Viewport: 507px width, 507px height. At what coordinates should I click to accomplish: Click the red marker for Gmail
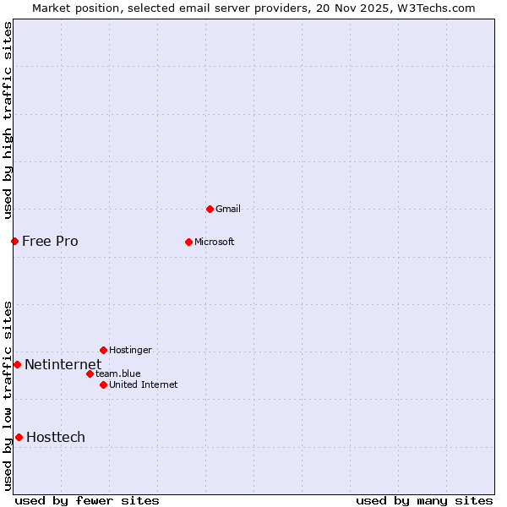click(210, 209)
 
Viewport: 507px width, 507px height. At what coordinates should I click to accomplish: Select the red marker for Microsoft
click(188, 242)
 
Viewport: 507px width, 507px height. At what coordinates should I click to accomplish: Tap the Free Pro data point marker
click(14, 241)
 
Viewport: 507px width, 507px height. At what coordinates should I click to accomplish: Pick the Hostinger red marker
click(103, 350)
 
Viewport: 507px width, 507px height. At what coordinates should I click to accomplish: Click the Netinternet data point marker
click(17, 364)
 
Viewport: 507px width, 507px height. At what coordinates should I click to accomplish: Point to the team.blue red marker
click(90, 373)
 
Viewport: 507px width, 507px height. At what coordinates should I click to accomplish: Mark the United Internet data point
click(103, 384)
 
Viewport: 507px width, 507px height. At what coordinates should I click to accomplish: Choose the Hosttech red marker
click(19, 437)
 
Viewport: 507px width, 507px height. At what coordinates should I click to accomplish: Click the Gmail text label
click(228, 209)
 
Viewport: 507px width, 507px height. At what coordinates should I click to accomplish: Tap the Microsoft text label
click(215, 242)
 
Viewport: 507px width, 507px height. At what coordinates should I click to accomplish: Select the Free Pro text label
click(50, 241)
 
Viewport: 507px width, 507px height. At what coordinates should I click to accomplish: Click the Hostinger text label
click(130, 350)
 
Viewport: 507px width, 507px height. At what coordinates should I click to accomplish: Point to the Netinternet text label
click(63, 364)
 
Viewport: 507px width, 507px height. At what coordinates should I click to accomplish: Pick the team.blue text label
click(118, 373)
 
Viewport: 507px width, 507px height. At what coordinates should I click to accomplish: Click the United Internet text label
click(144, 384)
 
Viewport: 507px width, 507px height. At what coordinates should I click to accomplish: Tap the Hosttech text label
click(56, 437)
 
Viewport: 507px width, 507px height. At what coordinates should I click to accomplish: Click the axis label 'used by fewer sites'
click(87, 500)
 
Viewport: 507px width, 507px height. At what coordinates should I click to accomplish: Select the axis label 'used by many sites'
click(424, 500)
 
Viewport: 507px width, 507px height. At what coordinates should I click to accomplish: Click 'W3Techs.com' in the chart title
click(436, 8)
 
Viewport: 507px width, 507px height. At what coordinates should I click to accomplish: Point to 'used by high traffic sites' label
click(8, 120)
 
